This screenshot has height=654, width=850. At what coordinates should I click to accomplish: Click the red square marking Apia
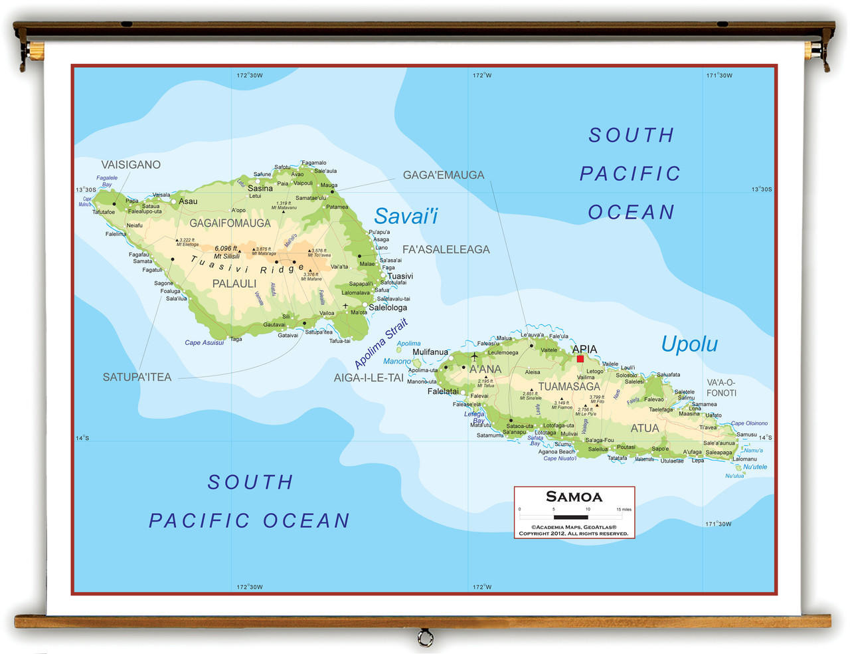coord(580,359)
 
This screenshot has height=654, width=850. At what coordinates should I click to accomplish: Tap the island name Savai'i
coord(406,216)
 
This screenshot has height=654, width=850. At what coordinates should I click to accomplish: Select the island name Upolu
coord(689,344)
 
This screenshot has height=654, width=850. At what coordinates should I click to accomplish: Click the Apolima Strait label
coord(381,344)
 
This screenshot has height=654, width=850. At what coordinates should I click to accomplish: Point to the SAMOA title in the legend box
coord(574,496)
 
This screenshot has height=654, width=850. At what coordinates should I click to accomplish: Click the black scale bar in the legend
coord(570,517)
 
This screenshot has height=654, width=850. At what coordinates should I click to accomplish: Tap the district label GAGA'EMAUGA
coord(444,175)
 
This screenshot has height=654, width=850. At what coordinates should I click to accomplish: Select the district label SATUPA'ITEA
coord(137,377)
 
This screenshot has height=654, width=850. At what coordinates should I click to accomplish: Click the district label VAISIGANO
coord(131,165)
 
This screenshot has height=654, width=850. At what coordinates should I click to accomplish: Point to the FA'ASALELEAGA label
coord(446,249)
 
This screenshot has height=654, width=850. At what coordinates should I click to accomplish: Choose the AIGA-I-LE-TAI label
coord(369,378)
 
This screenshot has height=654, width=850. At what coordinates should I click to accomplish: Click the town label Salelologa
coord(388,308)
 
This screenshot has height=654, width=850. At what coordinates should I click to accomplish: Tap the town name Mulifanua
coord(430,352)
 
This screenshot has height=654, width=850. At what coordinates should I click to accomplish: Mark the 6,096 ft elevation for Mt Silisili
coord(226,249)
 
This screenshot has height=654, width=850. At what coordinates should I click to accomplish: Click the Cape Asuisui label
coord(204,343)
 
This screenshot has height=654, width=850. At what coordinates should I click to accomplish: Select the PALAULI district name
coord(234,284)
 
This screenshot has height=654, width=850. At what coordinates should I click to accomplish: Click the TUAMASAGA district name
coord(568,387)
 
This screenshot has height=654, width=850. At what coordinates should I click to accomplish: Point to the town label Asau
coord(188,201)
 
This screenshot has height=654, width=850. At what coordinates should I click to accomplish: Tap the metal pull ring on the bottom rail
coord(425,639)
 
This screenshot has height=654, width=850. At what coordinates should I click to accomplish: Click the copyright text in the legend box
coord(574,530)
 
